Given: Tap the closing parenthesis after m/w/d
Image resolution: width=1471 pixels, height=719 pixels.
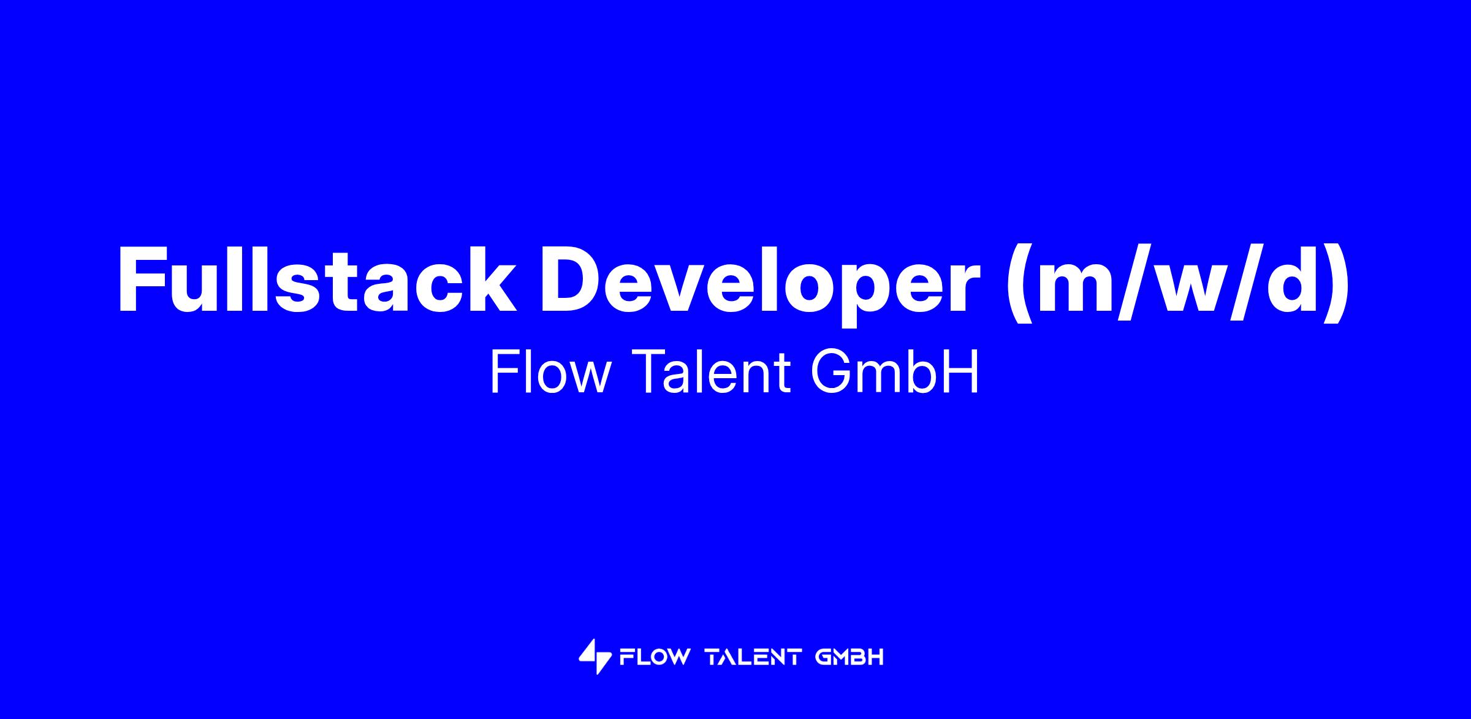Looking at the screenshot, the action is coord(1338,284).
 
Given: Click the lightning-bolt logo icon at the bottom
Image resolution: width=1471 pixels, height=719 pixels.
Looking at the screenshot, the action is coord(595,657).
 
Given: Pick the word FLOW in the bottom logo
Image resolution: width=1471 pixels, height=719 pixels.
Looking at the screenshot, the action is coord(655,658).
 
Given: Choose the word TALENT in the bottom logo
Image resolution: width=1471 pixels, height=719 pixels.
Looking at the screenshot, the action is coord(754,658).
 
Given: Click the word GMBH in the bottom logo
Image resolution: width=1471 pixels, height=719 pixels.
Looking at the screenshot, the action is coord(850,658).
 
